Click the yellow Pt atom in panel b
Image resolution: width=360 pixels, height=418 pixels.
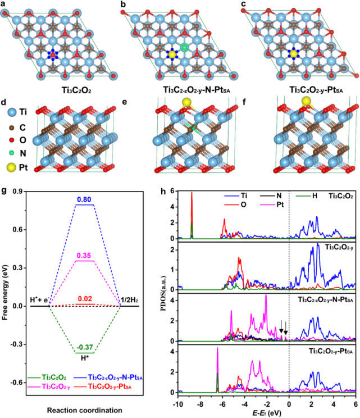point(171,54)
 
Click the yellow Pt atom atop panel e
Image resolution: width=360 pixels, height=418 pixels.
point(185,103)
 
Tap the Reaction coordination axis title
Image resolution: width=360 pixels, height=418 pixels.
point(86,411)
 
